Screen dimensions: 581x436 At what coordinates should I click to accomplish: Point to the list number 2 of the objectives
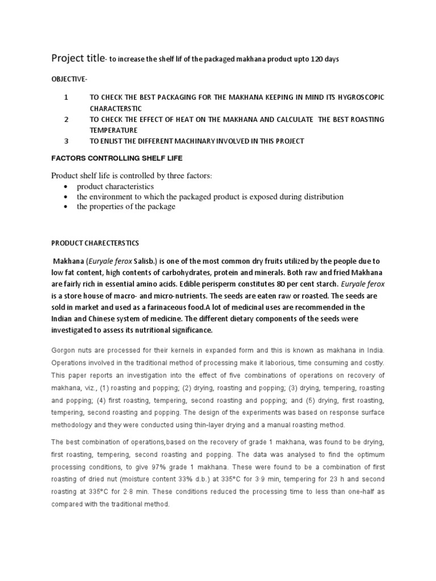(x=66, y=119)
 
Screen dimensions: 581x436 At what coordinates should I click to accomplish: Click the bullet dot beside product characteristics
(x=68, y=187)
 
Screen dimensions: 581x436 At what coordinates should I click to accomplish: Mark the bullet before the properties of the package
(x=68, y=207)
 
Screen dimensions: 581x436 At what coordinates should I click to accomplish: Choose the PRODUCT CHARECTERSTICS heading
(x=95, y=243)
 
